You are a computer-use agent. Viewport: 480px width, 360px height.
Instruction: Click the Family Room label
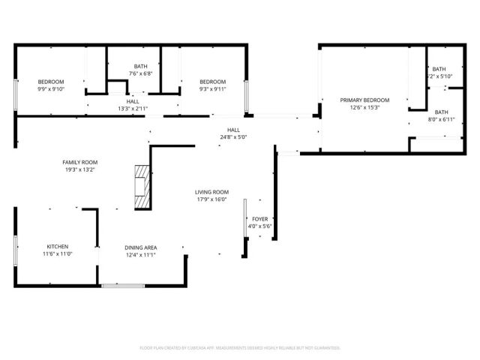(x=79, y=162)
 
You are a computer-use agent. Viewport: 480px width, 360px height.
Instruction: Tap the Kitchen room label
(x=58, y=247)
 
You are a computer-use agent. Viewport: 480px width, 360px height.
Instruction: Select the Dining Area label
(x=140, y=247)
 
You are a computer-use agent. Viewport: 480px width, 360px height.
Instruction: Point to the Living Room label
(x=211, y=192)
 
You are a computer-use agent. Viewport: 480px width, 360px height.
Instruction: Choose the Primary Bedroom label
(x=365, y=100)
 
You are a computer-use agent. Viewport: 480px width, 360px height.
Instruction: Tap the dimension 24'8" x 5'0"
(x=233, y=137)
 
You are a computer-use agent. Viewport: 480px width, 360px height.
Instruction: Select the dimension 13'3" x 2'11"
(x=133, y=109)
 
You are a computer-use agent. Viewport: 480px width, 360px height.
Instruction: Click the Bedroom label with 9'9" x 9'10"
(x=52, y=82)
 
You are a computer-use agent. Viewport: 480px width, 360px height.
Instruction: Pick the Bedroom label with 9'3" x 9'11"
(x=212, y=82)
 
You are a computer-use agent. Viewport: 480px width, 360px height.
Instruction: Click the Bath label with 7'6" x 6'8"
(x=141, y=66)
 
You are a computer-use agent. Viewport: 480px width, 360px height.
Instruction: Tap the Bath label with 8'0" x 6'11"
(x=441, y=112)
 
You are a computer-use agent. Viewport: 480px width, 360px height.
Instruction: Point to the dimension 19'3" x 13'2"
(x=79, y=169)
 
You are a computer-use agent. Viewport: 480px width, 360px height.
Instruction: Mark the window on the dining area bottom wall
(x=123, y=285)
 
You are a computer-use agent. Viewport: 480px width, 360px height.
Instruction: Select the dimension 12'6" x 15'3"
(x=365, y=107)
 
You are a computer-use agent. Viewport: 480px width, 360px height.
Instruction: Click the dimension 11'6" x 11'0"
(x=58, y=254)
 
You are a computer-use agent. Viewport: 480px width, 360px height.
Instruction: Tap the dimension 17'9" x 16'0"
(x=211, y=199)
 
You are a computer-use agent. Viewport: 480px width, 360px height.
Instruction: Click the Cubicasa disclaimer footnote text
(x=240, y=348)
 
